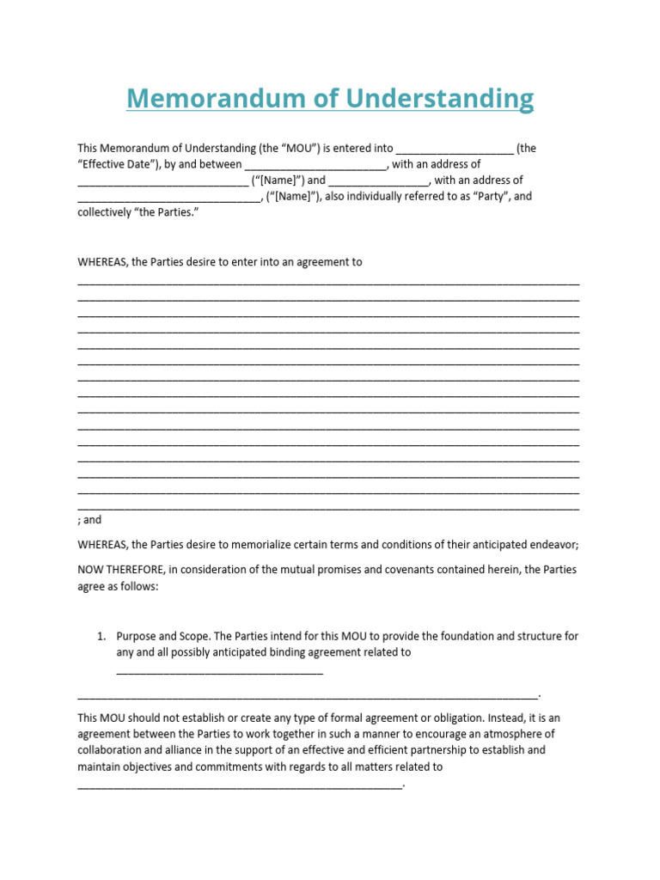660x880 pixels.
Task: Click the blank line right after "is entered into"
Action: tap(455, 149)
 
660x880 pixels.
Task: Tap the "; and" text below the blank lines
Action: tap(89, 520)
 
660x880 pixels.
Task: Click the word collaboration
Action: tap(111, 750)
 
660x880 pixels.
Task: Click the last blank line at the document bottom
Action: tap(240, 784)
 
